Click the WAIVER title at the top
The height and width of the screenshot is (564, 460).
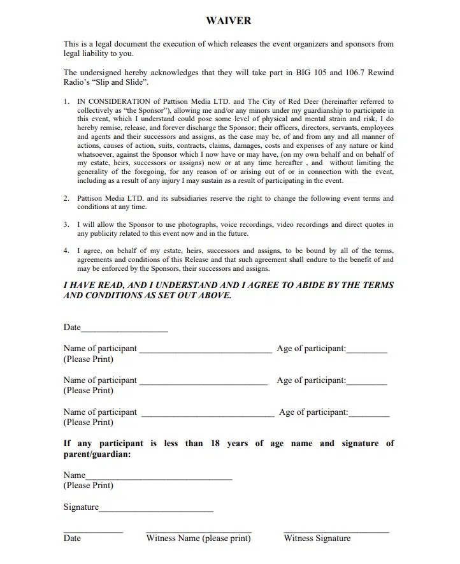(x=229, y=21)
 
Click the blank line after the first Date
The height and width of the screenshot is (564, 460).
(x=124, y=330)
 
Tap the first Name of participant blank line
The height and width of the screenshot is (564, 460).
(x=205, y=351)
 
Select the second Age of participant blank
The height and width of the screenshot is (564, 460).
(x=366, y=382)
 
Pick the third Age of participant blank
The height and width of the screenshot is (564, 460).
(x=369, y=415)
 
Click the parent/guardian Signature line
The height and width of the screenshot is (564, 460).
(x=156, y=510)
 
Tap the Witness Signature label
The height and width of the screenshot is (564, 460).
(x=317, y=539)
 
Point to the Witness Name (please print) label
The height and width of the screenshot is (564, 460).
(x=198, y=539)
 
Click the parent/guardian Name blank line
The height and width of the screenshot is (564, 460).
(x=159, y=478)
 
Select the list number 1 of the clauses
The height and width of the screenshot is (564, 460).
(x=66, y=102)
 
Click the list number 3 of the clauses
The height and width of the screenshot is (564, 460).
(x=66, y=225)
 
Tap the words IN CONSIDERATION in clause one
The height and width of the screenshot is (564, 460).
(x=114, y=102)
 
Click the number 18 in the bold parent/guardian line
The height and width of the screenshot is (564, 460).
(x=215, y=444)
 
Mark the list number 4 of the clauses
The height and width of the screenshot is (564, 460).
(x=66, y=251)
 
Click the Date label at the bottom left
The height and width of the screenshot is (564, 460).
(x=72, y=539)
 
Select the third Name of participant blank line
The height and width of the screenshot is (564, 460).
(x=208, y=415)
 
